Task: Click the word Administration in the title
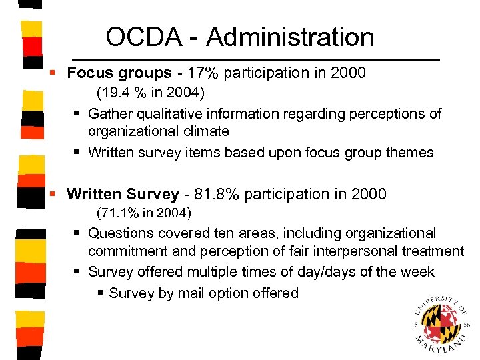tap(290, 37)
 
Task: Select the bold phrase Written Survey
tap(123, 194)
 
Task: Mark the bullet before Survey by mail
tap(101, 293)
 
